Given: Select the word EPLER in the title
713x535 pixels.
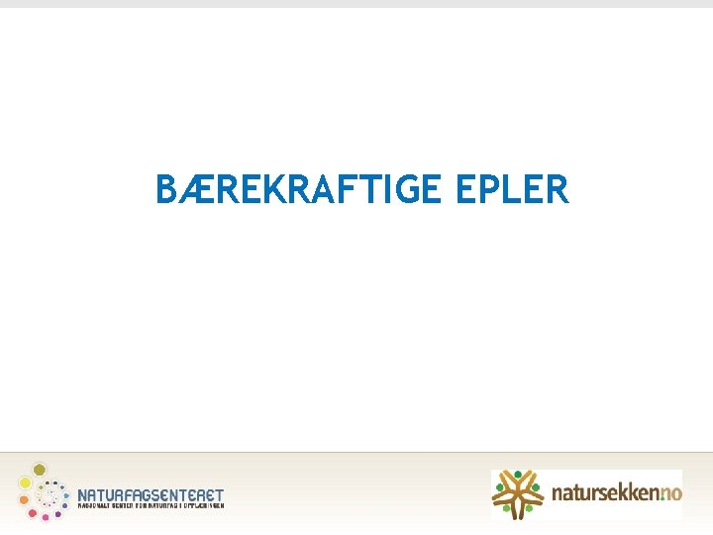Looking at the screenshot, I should tap(512, 189).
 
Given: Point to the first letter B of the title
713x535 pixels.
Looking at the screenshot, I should tap(166, 189).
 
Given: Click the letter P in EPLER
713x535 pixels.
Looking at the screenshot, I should tap(486, 189).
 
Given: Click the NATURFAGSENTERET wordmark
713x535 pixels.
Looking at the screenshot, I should tap(151, 493).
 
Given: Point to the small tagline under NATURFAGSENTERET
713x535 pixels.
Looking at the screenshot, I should tap(151, 505).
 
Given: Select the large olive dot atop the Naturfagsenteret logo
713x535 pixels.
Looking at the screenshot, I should tap(40, 469).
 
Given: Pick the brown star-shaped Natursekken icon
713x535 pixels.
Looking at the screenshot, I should tap(517, 493).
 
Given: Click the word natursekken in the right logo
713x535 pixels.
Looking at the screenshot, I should tap(600, 491).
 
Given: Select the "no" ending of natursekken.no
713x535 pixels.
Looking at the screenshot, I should tap(670, 491).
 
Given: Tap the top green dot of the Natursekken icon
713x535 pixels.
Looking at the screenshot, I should tap(517, 474).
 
